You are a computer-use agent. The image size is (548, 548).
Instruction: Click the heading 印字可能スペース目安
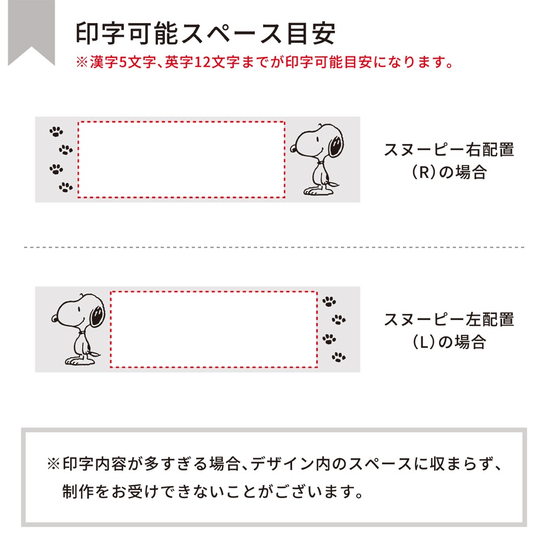click(x=206, y=33)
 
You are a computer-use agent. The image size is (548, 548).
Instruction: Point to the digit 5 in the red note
click(x=122, y=62)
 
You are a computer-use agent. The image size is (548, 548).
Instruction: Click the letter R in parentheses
click(x=424, y=172)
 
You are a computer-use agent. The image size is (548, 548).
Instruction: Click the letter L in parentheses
click(x=424, y=342)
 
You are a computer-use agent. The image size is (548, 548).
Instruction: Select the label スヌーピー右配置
click(x=449, y=150)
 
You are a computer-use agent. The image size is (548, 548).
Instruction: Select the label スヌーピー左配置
click(x=449, y=320)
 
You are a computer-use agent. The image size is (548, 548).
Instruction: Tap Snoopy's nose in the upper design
click(x=293, y=150)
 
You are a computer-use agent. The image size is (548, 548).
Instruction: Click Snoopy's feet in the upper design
click(x=318, y=191)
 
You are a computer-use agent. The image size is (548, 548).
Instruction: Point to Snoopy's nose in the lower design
click(x=54, y=319)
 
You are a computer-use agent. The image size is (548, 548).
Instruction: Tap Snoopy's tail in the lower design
click(x=95, y=353)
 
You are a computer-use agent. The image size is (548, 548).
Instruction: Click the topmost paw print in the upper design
click(x=56, y=132)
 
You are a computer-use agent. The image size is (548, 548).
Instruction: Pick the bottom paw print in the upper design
click(x=66, y=187)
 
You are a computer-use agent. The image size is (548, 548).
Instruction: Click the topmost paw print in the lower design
click(x=329, y=301)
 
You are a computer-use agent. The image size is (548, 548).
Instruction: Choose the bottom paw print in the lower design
click(x=339, y=357)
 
